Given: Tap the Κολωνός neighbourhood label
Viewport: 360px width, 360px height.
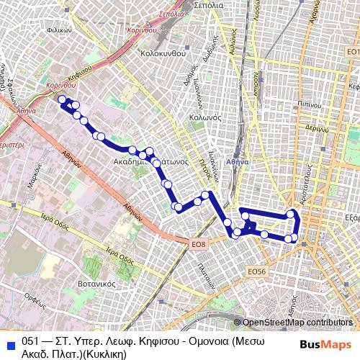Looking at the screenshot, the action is pos(203,117).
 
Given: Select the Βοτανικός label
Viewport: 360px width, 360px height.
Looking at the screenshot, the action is pos(99,284).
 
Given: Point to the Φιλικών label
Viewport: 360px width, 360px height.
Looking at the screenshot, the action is pos(57,31).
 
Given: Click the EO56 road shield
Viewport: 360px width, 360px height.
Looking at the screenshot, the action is pos(256,271).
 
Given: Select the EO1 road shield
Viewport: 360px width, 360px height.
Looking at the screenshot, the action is pos(352,53).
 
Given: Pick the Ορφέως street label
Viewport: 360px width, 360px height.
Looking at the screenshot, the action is pos(35,296).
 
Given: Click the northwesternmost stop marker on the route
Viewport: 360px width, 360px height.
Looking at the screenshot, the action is pos(62,99).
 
